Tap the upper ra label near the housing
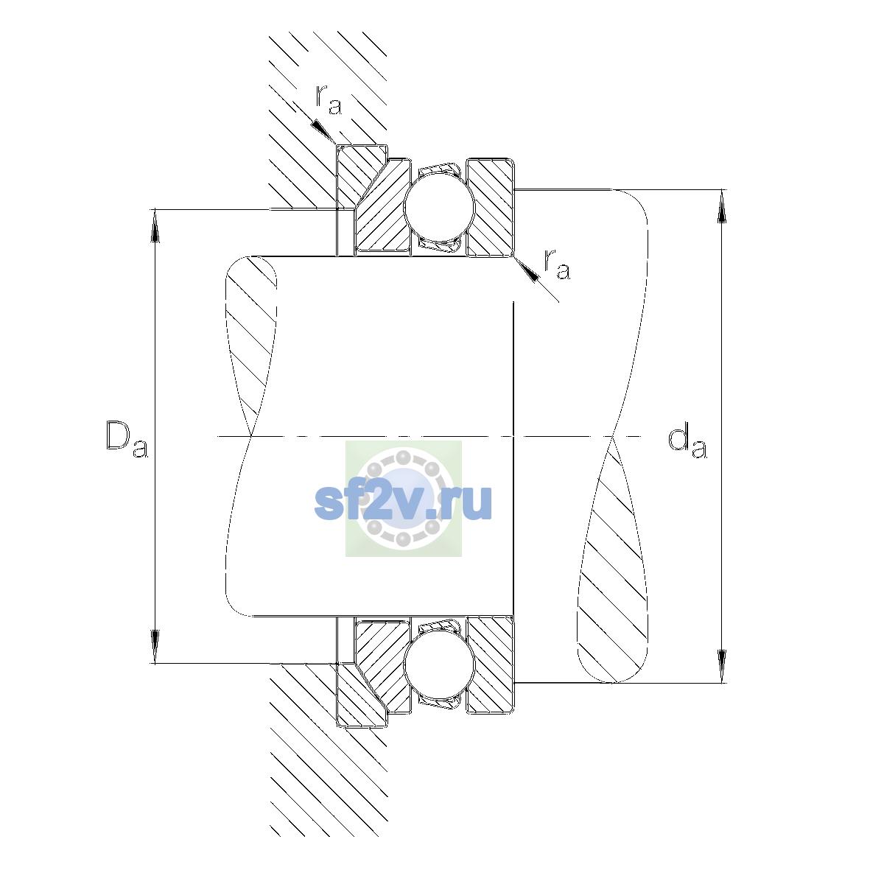click(329, 100)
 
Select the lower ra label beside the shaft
click(557, 265)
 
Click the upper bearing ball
click(440, 207)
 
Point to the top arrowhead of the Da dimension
click(155, 225)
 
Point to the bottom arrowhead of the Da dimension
click(155, 648)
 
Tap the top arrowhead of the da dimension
click(722, 206)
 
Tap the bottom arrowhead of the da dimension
click(722, 667)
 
